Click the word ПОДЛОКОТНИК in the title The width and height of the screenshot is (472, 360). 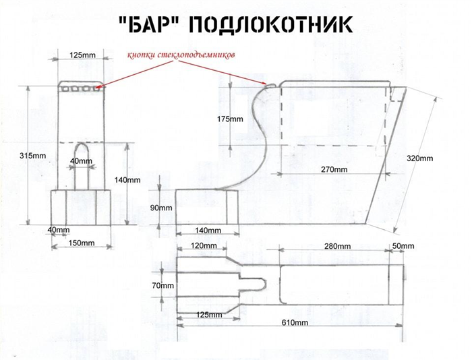click(271, 24)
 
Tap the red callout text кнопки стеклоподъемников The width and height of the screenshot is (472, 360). click(181, 55)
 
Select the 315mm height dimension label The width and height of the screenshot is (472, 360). click(33, 156)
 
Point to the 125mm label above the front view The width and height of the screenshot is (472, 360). click(82, 55)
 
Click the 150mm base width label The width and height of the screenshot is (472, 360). click(82, 243)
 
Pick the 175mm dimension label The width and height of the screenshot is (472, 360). click(230, 119)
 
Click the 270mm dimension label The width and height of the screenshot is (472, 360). click(334, 169)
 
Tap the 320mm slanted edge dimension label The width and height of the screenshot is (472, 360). click(420, 158)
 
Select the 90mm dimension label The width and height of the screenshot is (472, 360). click(161, 208)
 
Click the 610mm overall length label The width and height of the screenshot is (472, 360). click(295, 323)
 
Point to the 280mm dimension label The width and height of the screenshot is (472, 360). click(337, 247)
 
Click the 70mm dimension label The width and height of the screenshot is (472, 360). click(163, 285)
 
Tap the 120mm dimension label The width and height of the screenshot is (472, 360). click(204, 245)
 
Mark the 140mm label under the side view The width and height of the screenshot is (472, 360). click(208, 231)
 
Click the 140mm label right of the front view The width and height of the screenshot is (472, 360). click(127, 180)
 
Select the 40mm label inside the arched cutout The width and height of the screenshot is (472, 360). click(82, 161)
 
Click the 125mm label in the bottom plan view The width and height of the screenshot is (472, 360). click(209, 315)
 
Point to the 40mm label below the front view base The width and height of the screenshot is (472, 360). click(59, 230)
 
